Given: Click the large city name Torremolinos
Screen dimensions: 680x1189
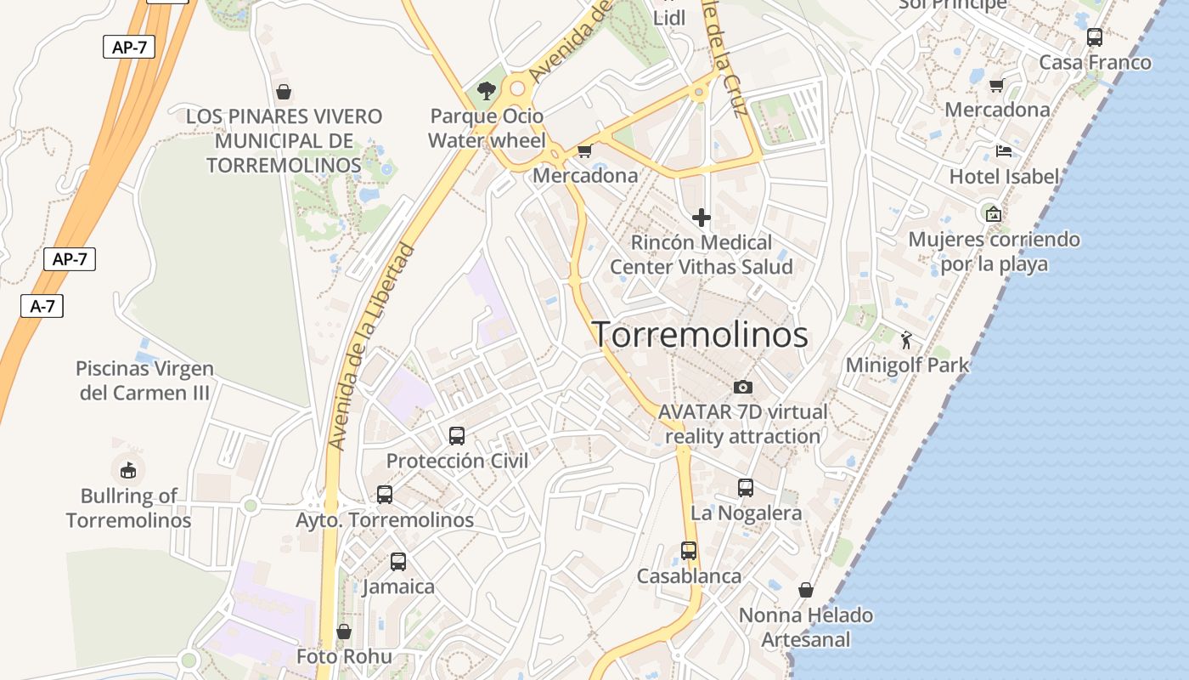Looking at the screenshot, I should [700, 335].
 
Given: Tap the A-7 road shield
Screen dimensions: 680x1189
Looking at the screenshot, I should [42, 306].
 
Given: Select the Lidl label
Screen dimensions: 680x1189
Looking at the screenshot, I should [669, 17].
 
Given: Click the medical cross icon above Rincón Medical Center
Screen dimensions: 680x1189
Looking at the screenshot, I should [702, 218].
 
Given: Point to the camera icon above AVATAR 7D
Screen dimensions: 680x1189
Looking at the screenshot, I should [743, 388].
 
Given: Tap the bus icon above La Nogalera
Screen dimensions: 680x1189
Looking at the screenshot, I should [746, 488].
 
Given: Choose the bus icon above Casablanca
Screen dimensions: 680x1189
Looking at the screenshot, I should [689, 551].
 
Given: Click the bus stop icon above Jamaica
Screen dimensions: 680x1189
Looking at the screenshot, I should [398, 562].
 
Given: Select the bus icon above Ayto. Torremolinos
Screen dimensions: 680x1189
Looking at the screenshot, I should [385, 495].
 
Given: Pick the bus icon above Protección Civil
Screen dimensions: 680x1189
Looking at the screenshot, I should [457, 436].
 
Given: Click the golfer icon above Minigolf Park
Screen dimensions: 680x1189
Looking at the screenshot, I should [907, 340].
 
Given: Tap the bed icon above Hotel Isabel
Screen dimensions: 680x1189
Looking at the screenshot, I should [1004, 152].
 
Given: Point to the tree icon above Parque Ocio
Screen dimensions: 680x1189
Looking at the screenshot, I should [487, 90].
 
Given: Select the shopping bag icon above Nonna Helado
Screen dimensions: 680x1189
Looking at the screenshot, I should [806, 590].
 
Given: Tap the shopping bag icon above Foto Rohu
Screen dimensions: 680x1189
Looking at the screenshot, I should [344, 632].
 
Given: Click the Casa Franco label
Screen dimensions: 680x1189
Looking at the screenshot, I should [1096, 62].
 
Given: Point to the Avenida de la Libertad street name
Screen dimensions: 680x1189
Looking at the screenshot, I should [372, 347].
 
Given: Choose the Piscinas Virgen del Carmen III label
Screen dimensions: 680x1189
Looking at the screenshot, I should [144, 381].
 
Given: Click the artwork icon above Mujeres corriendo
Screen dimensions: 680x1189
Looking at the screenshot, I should [993, 213].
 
